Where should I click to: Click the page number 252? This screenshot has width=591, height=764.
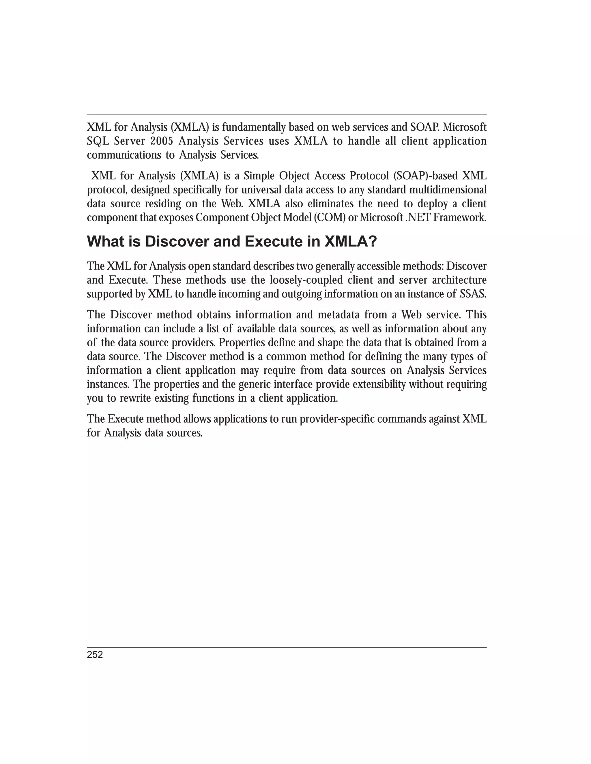tap(95, 655)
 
